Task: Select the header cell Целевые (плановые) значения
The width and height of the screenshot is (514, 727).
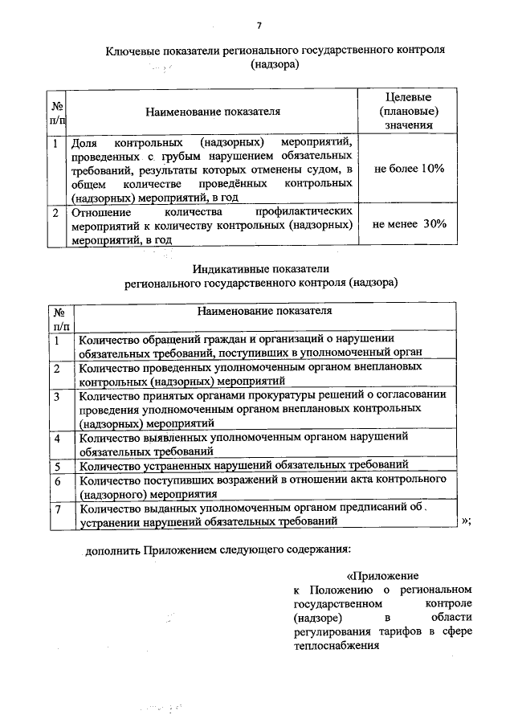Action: point(409,110)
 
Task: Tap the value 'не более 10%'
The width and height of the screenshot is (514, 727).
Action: point(409,169)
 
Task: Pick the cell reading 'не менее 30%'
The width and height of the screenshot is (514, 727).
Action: point(409,224)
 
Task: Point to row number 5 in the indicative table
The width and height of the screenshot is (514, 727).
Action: point(57,465)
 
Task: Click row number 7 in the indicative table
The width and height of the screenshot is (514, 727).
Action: point(57,508)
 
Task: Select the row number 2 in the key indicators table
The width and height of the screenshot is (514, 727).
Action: point(55,213)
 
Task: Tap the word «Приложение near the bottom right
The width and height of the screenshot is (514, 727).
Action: point(382,576)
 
